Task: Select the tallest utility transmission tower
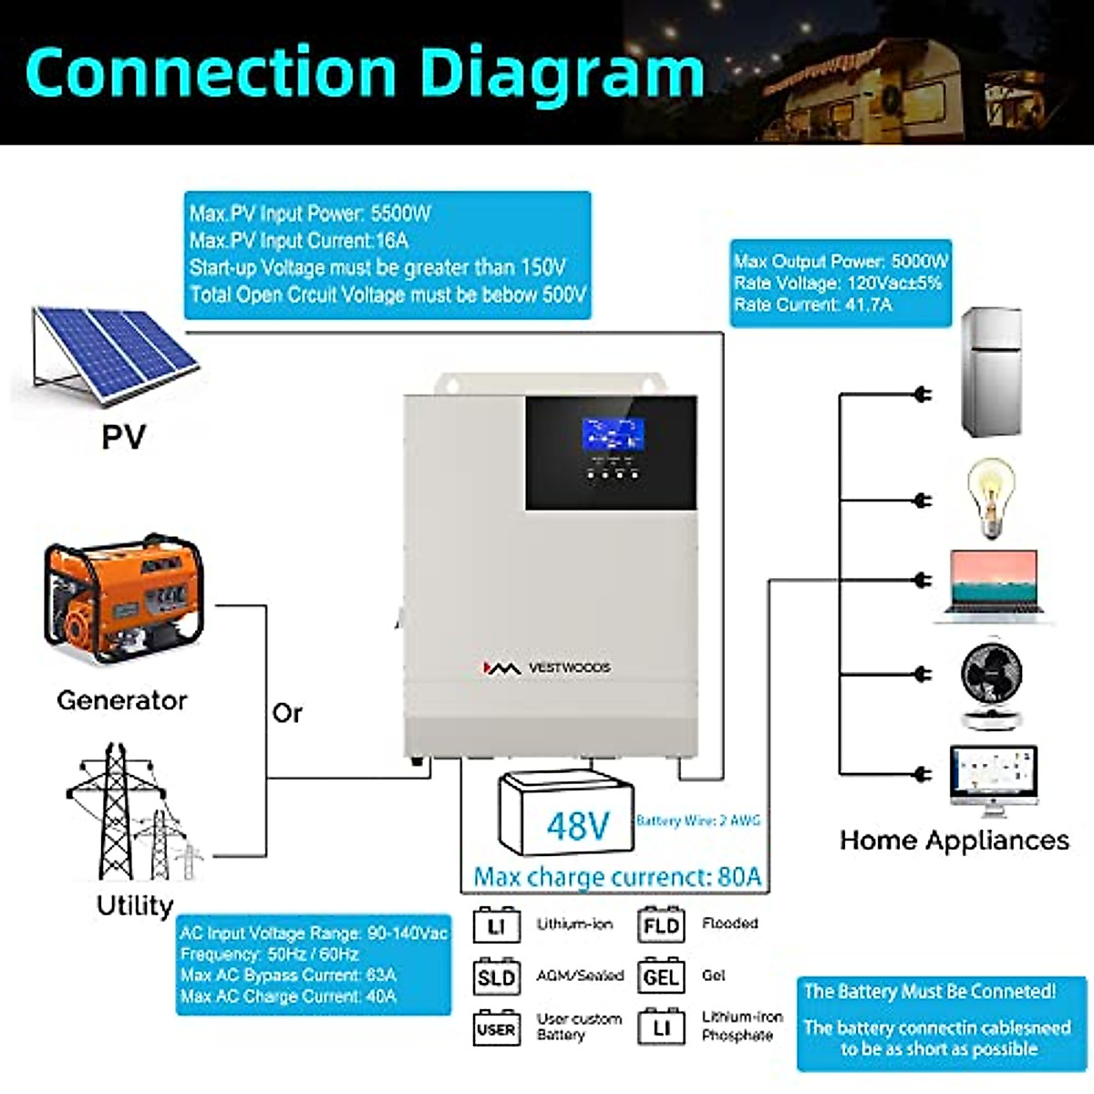click(115, 811)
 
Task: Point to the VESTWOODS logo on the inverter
click(547, 668)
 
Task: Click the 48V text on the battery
click(577, 826)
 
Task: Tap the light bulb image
click(991, 497)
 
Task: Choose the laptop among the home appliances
click(993, 585)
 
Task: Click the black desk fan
click(992, 684)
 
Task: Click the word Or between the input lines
click(286, 713)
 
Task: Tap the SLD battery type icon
click(497, 977)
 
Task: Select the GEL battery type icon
click(661, 977)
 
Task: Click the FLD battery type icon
click(661, 926)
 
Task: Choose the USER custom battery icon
click(497, 1029)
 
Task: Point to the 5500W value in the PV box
click(400, 214)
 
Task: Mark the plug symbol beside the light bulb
click(923, 501)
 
